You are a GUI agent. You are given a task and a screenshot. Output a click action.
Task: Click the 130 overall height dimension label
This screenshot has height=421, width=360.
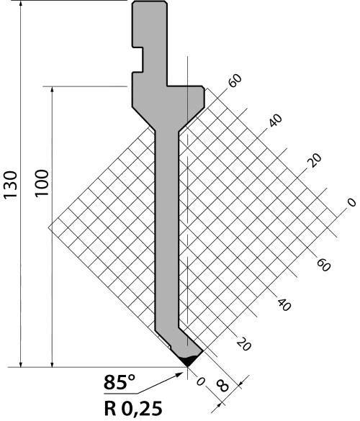pyautogui.click(x=10, y=185)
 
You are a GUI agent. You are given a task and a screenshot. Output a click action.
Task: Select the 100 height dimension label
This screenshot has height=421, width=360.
pyautogui.click(x=42, y=183)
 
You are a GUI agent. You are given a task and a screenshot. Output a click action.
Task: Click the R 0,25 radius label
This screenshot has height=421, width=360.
pyautogui.click(x=133, y=408)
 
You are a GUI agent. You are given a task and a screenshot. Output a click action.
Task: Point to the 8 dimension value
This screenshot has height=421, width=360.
pyautogui.click(x=222, y=386)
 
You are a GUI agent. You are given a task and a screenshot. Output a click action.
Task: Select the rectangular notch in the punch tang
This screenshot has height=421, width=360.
pyautogui.click(x=138, y=60)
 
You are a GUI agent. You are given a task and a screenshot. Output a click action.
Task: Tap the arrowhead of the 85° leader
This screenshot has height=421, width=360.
pyautogui.click(x=179, y=374)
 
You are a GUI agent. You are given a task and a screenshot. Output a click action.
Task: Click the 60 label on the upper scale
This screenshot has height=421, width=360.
pyautogui.click(x=235, y=80)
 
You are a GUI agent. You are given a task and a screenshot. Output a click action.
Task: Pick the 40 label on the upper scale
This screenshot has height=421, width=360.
pyautogui.click(x=275, y=121)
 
